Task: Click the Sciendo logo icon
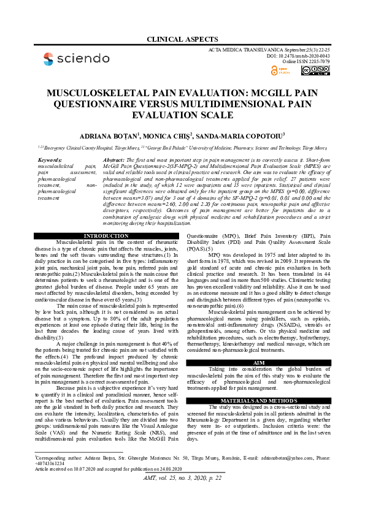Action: click(x=48, y=59)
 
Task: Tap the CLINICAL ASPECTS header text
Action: click(x=182, y=40)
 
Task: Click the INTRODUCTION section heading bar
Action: click(x=106, y=236)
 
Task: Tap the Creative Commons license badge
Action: click(x=315, y=70)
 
